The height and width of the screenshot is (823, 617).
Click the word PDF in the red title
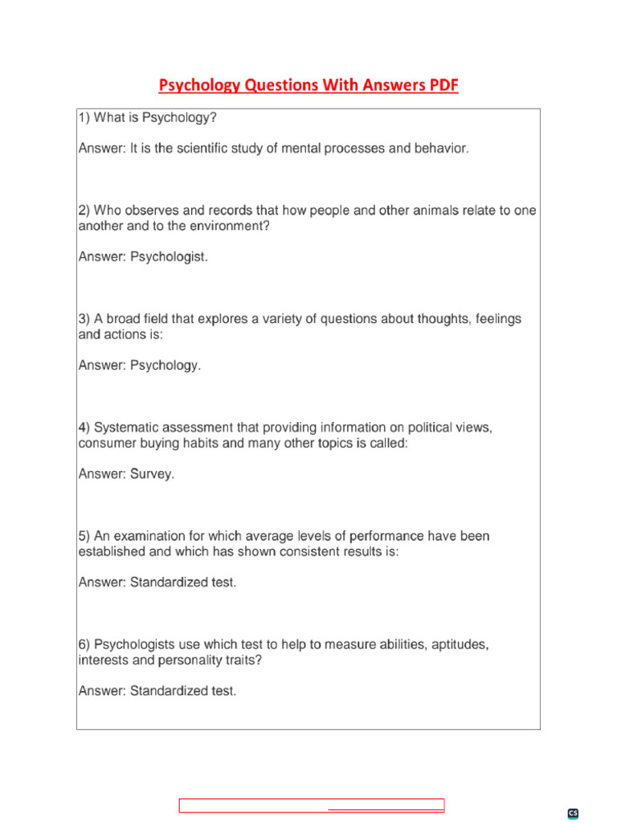442,85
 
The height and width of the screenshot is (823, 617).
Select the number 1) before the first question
84,118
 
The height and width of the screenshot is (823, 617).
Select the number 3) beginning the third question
84,319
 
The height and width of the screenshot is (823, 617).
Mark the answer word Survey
152,474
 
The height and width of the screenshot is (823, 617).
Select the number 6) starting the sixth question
84,645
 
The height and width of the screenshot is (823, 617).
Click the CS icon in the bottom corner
573,813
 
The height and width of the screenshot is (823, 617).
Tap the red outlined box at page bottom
311,806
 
